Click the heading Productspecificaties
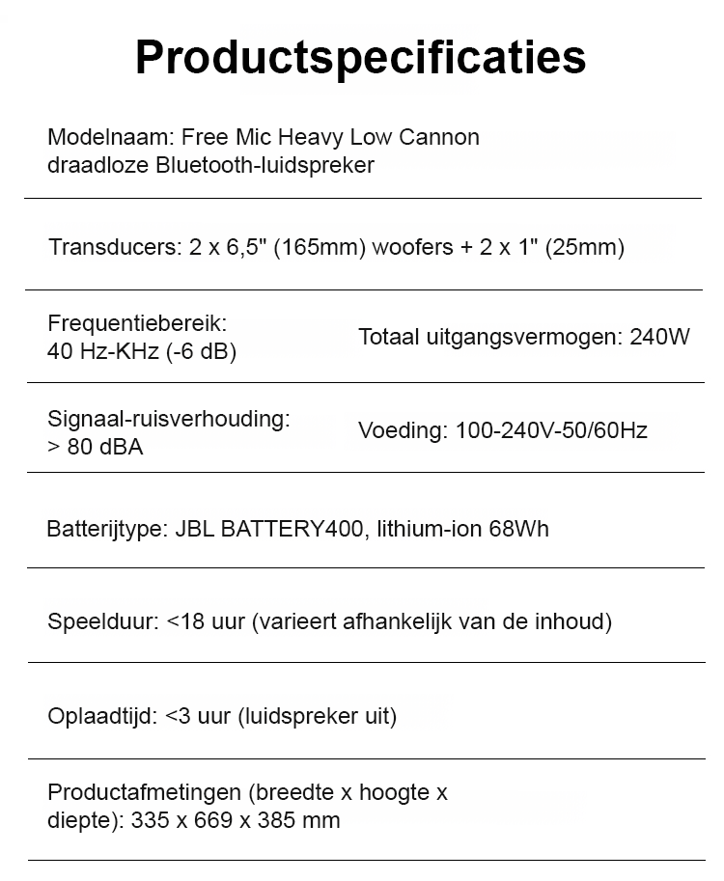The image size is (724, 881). tap(360, 57)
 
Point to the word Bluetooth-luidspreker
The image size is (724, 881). tap(265, 165)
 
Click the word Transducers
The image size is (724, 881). tap(112, 247)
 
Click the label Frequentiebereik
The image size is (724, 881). tap(137, 323)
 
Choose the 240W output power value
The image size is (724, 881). tap(659, 338)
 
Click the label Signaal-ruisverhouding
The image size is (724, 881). tap(169, 419)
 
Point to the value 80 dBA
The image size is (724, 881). tap(105, 447)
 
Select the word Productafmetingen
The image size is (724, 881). tap(144, 793)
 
